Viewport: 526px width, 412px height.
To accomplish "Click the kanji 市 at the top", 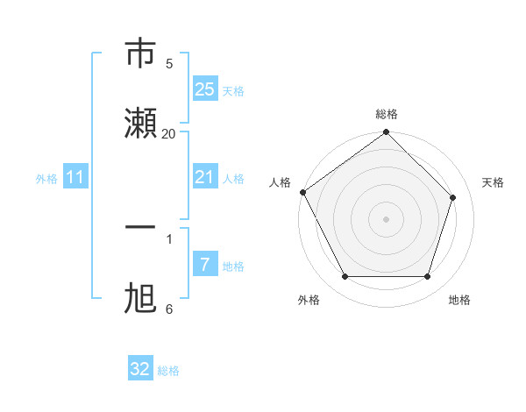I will click(142, 53).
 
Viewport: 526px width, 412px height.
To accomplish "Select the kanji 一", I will click(142, 227).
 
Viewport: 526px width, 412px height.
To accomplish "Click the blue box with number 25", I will click(205, 89).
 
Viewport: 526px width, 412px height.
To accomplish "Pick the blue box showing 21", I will click(205, 177).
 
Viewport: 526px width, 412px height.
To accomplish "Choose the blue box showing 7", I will click(205, 264).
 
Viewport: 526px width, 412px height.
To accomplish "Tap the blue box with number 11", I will click(75, 178).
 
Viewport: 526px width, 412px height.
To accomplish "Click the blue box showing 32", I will click(140, 369).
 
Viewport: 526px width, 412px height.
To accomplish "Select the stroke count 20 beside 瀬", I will click(169, 133).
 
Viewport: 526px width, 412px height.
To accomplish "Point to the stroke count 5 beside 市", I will click(169, 63).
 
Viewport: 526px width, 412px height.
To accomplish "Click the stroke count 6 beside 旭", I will click(169, 309).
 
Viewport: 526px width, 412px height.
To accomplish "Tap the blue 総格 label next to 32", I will click(169, 371).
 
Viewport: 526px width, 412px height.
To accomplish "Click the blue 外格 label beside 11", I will click(46, 179).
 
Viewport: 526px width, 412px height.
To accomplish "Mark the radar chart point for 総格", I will click(386, 133).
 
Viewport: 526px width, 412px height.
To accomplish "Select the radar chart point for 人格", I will click(302, 192).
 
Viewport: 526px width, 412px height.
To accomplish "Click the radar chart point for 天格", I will click(453, 197).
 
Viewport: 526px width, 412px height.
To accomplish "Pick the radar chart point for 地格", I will click(428, 277).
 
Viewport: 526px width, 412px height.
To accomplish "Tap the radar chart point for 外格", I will click(345, 277).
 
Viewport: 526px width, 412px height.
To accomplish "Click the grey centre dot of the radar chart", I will click(386, 218).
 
